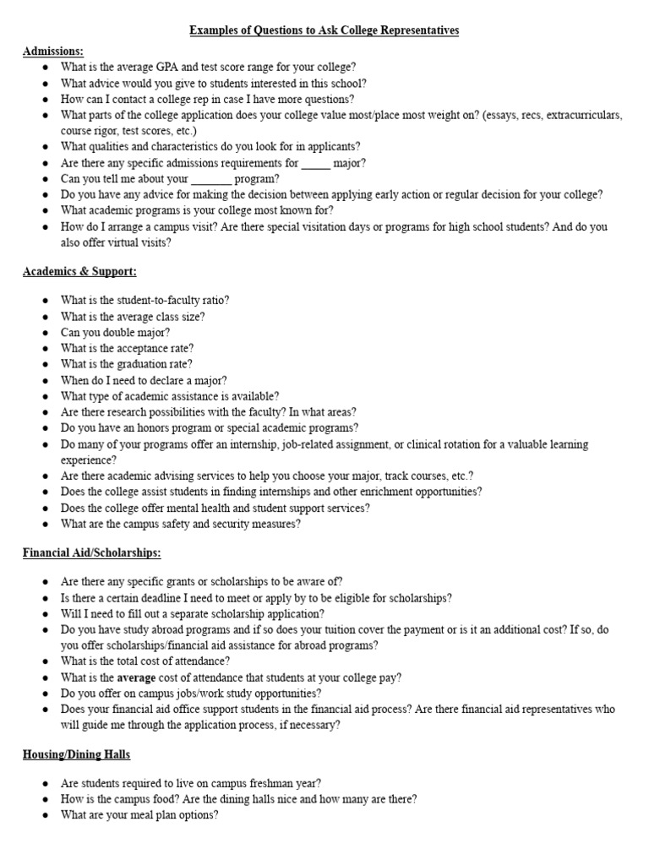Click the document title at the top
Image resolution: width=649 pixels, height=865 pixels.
click(x=324, y=30)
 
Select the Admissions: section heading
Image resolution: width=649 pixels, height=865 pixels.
click(x=53, y=51)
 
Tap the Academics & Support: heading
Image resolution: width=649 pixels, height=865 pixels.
click(x=79, y=272)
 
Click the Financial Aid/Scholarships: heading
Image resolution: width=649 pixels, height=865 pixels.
click(x=91, y=552)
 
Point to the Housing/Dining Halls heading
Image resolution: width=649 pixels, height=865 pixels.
click(x=76, y=753)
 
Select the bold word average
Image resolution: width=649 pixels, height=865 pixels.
click(x=137, y=677)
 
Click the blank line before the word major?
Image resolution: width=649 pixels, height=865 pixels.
click(x=316, y=163)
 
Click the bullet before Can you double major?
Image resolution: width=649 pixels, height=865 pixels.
click(x=43, y=333)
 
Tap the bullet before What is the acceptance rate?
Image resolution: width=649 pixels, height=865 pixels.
click(x=43, y=349)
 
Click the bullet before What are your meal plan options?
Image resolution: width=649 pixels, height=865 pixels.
click(x=43, y=816)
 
